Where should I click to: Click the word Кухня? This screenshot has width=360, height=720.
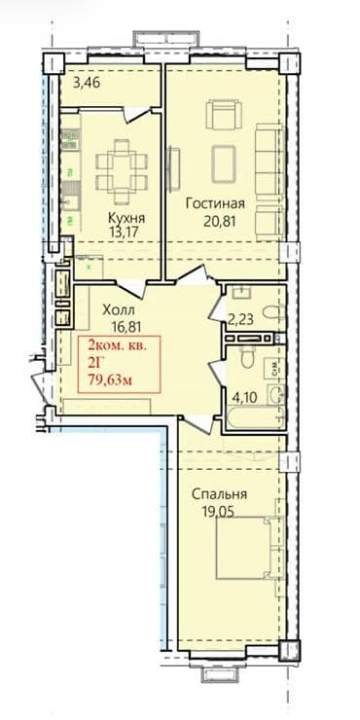pyautogui.click(x=124, y=217)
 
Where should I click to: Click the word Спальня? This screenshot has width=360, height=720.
pyautogui.click(x=218, y=493)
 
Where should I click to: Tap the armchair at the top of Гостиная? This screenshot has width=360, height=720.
pyautogui.click(x=222, y=116)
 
